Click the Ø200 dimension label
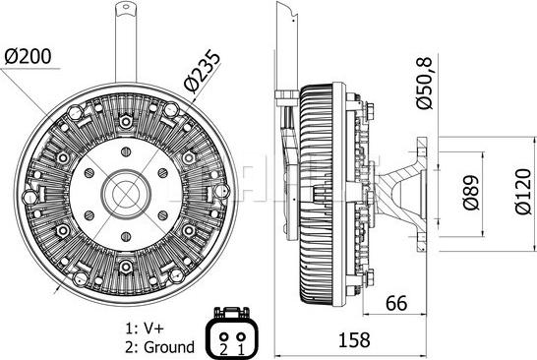29,57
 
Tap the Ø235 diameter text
202,72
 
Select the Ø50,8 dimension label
424,83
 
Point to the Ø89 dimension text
470,193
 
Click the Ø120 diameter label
523,192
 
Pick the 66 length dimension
396,303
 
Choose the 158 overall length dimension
354,340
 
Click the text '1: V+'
145,329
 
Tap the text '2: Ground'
159,347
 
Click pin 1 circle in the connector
241,336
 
